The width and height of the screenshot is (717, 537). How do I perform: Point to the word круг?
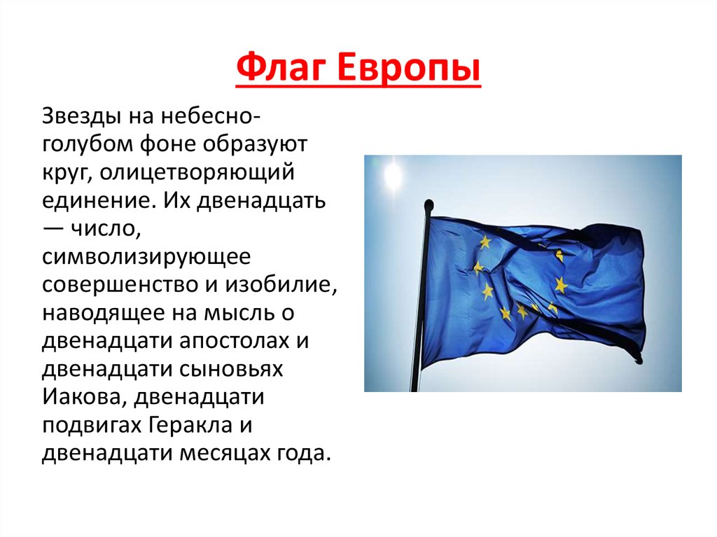66,174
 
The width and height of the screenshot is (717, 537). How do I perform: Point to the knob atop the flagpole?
429,204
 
